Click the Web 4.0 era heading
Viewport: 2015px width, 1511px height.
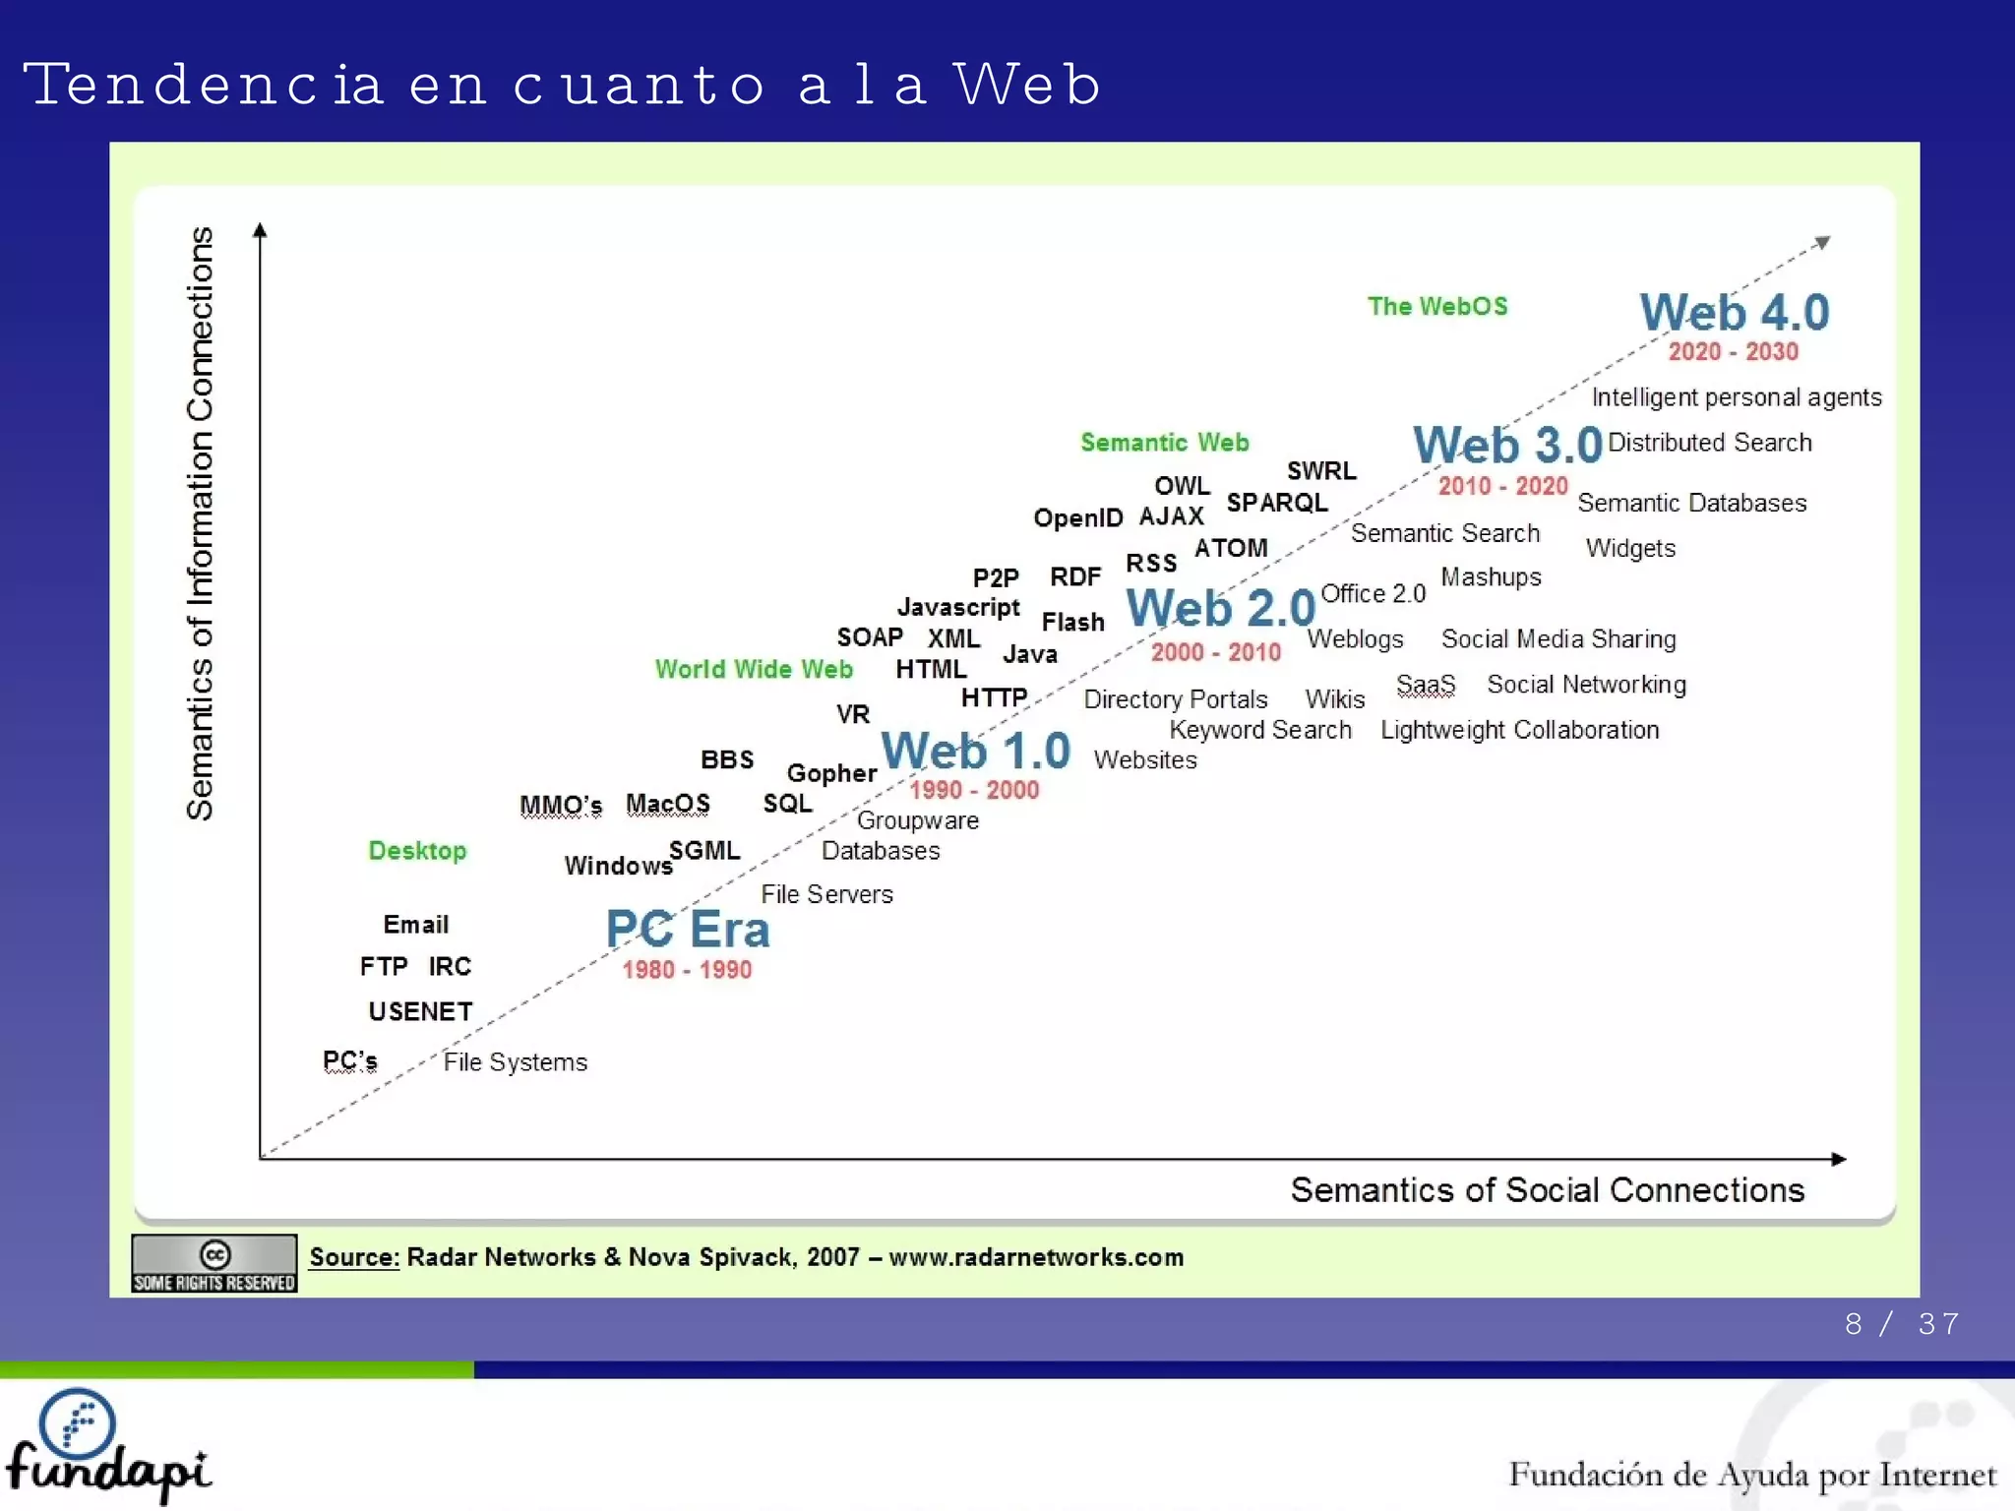coord(1734,313)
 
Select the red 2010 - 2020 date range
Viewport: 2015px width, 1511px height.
coord(1502,486)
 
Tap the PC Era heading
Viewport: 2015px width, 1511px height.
coord(687,929)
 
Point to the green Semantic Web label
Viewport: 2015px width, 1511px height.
coord(1164,443)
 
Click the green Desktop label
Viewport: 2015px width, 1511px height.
coord(417,851)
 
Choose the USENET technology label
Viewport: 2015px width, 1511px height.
coord(420,1011)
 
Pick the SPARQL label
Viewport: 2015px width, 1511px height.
coord(1276,503)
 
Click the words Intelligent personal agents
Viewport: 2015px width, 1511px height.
coord(1736,397)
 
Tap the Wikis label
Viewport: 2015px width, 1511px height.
coord(1334,699)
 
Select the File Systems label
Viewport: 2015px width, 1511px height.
coord(515,1062)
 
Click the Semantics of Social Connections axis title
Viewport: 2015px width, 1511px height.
coord(1547,1190)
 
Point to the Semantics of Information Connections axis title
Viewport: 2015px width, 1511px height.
coord(200,523)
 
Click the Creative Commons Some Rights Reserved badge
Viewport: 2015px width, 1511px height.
coord(214,1263)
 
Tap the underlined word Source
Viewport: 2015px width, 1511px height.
coord(354,1257)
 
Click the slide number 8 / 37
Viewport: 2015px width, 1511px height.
coord(1901,1324)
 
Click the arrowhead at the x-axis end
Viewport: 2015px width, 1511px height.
coord(1838,1159)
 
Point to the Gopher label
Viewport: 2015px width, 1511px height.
coord(831,773)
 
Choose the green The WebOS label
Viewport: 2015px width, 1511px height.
coord(1436,307)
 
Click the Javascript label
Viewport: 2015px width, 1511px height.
coord(957,608)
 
